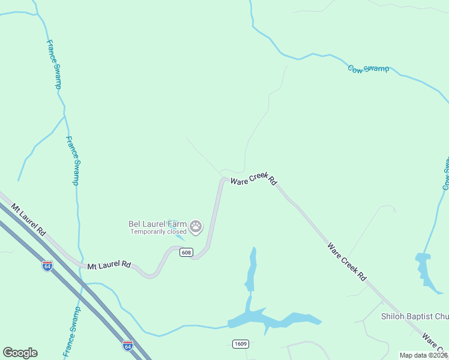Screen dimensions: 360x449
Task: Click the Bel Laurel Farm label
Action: pos(158,224)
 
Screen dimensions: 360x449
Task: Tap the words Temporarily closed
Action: pos(158,232)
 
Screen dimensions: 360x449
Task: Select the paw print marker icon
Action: pos(196,227)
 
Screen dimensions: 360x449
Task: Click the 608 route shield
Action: pos(185,253)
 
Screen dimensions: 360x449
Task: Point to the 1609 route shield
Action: pos(240,343)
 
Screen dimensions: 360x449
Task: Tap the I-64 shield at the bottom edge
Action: pos(127,346)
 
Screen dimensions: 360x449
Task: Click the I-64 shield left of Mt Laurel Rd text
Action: pos(47,265)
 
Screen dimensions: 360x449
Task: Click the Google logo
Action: pos(20,353)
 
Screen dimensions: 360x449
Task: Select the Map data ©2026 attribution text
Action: pos(424,355)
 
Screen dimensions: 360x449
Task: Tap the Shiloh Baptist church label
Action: pos(415,317)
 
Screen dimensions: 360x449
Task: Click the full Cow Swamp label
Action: pos(369,69)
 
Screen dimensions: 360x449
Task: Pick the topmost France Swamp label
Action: pos(54,64)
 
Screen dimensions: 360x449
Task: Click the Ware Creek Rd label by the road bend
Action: pos(254,180)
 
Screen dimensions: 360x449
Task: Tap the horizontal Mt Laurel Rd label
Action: pos(109,265)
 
